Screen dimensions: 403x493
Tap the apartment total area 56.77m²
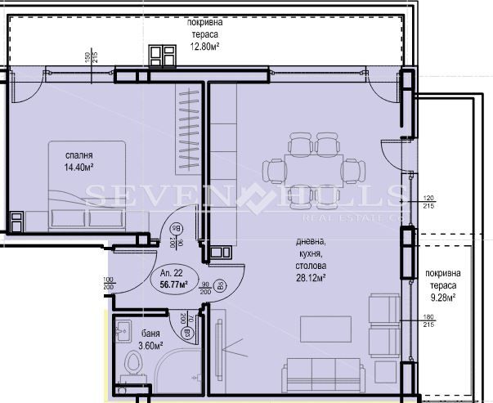(x=174, y=285)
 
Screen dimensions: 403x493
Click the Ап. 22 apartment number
(x=173, y=273)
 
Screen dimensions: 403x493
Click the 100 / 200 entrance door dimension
(x=107, y=284)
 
